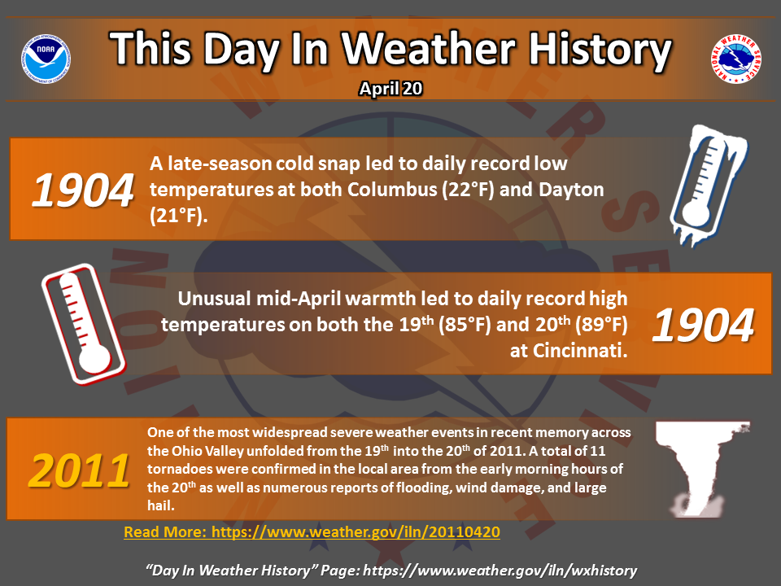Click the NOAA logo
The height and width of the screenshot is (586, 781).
(46, 59)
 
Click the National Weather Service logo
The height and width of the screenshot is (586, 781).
(735, 59)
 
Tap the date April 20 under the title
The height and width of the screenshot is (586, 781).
(390, 89)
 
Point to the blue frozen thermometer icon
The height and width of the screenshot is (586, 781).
(707, 186)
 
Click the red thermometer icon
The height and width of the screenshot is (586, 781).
(84, 324)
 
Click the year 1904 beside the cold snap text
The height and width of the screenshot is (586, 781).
(83, 190)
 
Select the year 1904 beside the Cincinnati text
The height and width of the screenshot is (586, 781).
(703, 326)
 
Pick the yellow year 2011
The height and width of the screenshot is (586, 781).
(79, 471)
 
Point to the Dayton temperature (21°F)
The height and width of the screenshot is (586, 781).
(178, 216)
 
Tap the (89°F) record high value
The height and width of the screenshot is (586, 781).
(601, 325)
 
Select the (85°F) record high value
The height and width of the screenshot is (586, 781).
(465, 325)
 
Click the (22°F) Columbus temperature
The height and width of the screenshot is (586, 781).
(468, 190)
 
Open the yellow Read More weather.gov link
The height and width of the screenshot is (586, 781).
(312, 532)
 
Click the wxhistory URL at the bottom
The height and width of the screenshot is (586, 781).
(500, 571)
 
